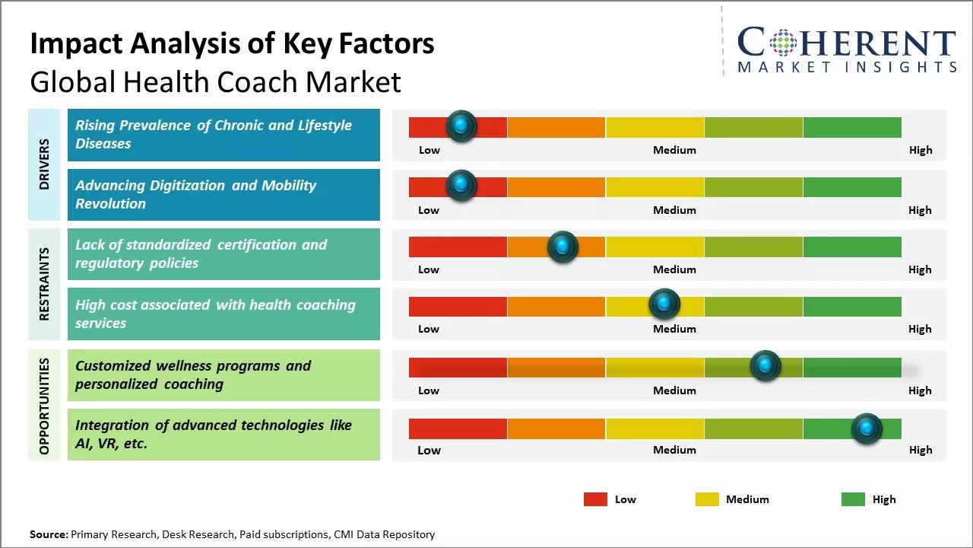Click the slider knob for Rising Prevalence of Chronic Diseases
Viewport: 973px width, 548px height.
(461, 126)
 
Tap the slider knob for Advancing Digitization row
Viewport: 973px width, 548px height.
(461, 186)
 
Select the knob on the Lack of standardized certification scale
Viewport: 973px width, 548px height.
(563, 246)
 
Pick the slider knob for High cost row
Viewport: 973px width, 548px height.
(664, 304)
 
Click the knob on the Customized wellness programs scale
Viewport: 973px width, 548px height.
(765, 366)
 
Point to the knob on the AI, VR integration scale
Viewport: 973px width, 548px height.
(867, 429)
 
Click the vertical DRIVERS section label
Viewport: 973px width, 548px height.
(44, 164)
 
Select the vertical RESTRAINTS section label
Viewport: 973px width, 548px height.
(44, 284)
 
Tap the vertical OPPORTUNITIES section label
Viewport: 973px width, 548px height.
(44, 406)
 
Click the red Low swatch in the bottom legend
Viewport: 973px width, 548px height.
(595, 499)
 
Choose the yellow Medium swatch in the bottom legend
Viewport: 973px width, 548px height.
(707, 499)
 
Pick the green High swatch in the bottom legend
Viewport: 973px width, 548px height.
(853, 499)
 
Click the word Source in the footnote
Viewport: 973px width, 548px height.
(48, 534)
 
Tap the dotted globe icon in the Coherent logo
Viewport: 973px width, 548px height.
(782, 43)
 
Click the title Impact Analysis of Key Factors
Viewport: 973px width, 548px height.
(232, 43)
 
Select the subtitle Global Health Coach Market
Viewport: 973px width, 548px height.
(215, 81)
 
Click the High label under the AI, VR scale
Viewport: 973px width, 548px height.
(920, 450)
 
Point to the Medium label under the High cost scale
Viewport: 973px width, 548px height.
(674, 329)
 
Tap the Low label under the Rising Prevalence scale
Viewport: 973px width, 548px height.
(429, 150)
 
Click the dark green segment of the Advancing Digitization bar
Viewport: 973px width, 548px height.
(851, 186)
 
